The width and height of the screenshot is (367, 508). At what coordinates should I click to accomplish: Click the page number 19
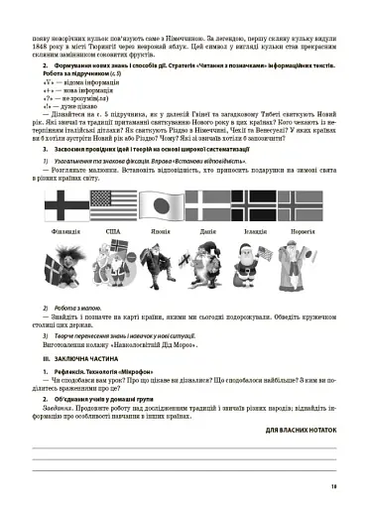pyautogui.click(x=334, y=485)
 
